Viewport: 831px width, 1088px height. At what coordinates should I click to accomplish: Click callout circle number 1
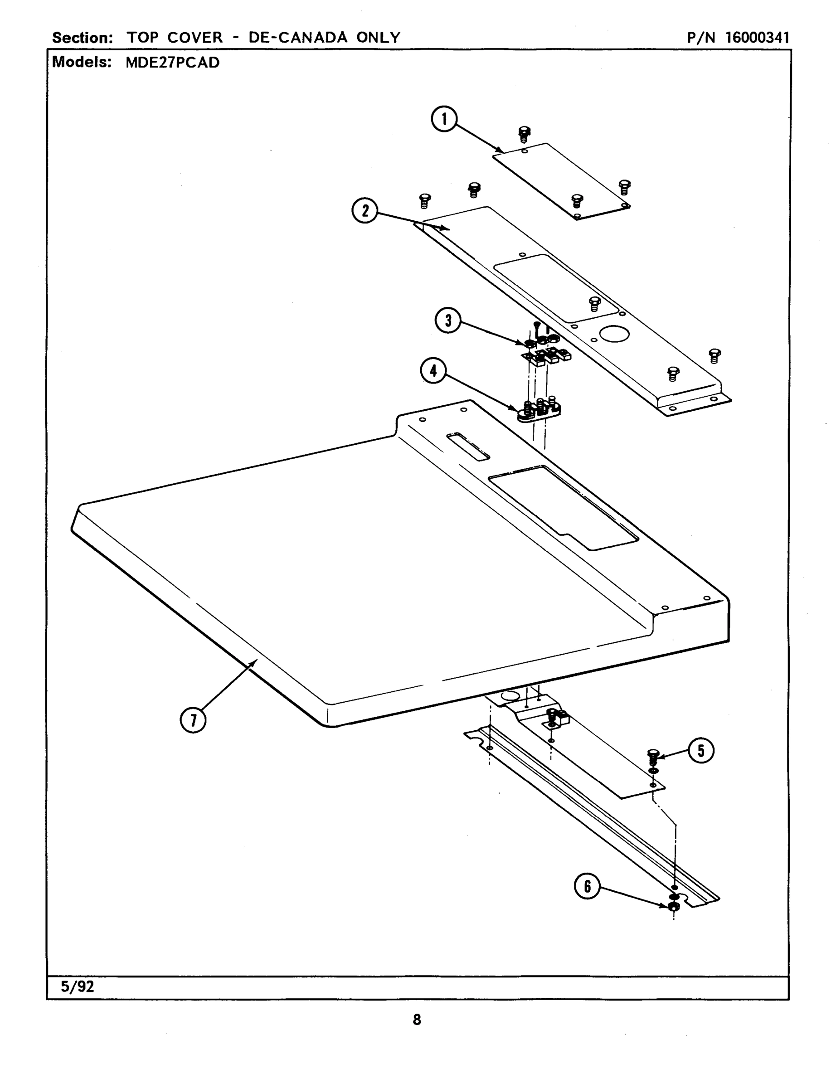[x=444, y=119]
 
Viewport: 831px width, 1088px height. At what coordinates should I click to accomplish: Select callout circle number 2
[x=364, y=211]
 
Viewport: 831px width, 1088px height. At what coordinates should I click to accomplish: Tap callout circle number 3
[x=447, y=321]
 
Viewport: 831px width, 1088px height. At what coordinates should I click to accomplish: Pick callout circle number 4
[x=433, y=371]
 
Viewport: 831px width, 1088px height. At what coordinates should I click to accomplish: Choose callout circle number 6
[x=587, y=886]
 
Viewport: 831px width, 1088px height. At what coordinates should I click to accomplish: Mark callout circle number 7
[x=193, y=720]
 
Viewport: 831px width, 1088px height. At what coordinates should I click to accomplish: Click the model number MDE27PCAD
[x=172, y=63]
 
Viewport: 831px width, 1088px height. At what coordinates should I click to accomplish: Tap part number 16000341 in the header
[x=757, y=38]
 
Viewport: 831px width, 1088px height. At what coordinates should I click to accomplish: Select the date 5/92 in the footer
[x=77, y=987]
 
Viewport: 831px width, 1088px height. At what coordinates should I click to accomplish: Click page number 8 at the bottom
[x=417, y=1020]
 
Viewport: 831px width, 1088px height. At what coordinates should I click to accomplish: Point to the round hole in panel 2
[x=614, y=334]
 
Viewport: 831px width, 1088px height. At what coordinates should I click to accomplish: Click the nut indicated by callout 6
[x=673, y=907]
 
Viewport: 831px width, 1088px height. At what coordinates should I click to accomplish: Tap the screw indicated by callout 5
[x=653, y=756]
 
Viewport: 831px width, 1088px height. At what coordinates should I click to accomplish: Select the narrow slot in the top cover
[x=468, y=447]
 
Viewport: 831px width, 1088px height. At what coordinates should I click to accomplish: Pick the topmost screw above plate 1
[x=524, y=134]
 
